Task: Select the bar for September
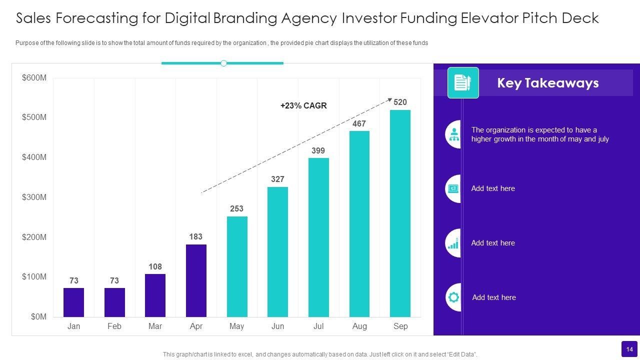pos(400,213)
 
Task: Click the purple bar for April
pos(196,280)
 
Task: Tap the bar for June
pos(277,252)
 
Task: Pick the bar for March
pos(155,295)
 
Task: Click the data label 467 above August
pos(359,123)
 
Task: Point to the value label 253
pos(236,208)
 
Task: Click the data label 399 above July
pos(318,150)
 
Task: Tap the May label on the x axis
pos(236,326)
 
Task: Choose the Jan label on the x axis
pos(73,326)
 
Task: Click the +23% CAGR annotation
pos(303,105)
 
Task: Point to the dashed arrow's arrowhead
pos(390,99)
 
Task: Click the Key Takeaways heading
pos(547,83)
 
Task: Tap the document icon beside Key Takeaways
pos(462,82)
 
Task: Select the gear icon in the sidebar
pos(453,297)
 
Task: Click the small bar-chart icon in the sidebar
pos(453,243)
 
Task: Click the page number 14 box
pos(629,349)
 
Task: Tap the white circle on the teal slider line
pos(223,63)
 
